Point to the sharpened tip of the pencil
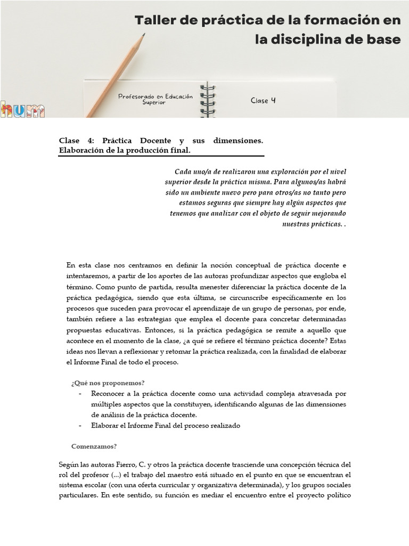pyautogui.click(x=143, y=35)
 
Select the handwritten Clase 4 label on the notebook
pyautogui.click(x=263, y=100)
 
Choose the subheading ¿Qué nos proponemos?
pyautogui.click(x=108, y=383)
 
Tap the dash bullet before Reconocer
pyautogui.click(x=80, y=394)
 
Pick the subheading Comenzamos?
pyautogui.click(x=94, y=446)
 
